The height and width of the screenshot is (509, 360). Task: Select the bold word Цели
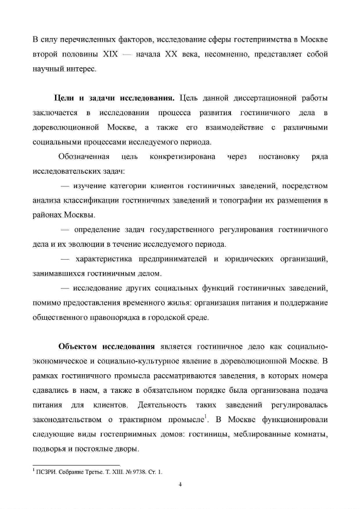tap(63, 98)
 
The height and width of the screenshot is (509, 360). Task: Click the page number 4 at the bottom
tap(180, 484)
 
